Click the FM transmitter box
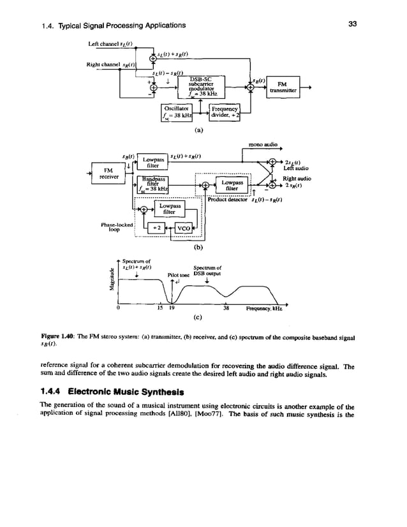tap(288, 87)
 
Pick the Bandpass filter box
tap(152, 185)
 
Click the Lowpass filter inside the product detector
tap(232, 186)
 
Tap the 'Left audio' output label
tap(297, 168)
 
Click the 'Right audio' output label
tap(297, 179)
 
